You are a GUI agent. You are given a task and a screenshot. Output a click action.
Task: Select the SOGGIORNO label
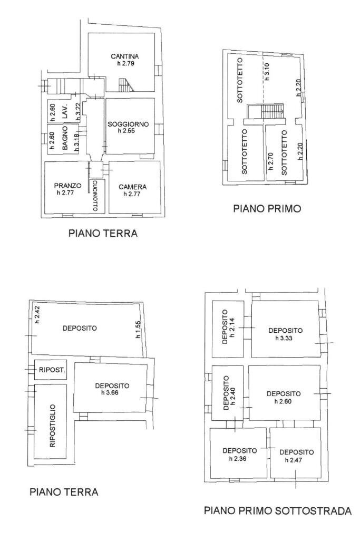(129, 124)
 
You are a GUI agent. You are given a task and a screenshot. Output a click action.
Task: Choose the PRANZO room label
(67, 186)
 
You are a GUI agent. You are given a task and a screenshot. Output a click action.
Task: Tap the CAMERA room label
(132, 187)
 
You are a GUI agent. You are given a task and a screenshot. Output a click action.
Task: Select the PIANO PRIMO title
(267, 209)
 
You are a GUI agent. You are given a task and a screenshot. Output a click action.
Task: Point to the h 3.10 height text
(267, 71)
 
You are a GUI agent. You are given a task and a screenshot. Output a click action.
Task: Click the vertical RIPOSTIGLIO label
(52, 426)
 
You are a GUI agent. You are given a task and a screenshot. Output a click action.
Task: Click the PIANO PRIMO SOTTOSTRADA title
(277, 511)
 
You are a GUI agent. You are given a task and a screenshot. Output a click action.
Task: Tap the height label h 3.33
(285, 337)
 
